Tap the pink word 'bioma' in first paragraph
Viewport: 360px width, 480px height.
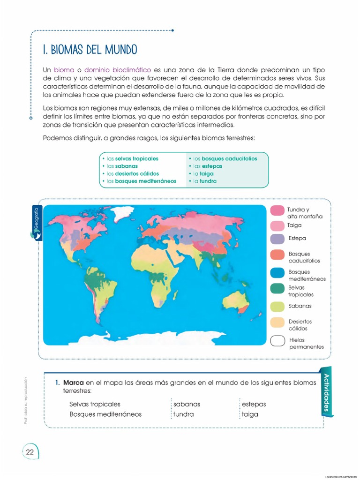click(x=64, y=70)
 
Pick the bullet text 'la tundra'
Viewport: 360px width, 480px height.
click(x=205, y=181)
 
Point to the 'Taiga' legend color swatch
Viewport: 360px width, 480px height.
click(x=277, y=225)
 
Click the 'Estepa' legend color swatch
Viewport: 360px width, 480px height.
click(x=277, y=239)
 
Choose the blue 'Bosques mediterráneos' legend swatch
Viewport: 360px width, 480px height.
click(x=277, y=273)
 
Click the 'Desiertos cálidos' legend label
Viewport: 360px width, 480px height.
click(x=300, y=325)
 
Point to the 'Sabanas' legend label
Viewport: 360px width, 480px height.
click(x=300, y=306)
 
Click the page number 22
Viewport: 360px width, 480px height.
click(x=30, y=452)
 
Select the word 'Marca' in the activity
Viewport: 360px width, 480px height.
click(x=74, y=382)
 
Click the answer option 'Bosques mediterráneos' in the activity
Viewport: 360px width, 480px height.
click(x=105, y=414)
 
